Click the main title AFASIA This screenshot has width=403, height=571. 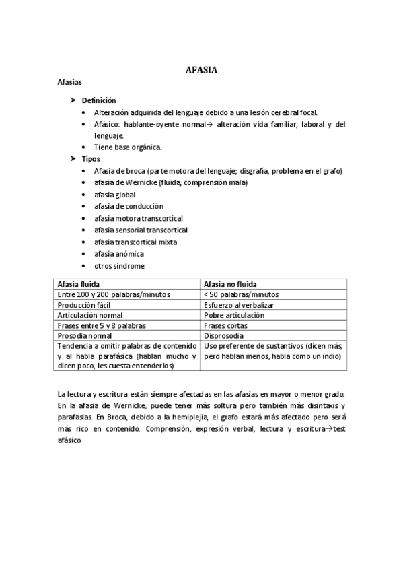click(x=201, y=69)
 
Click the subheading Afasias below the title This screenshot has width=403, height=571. click(x=69, y=83)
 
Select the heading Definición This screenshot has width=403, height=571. click(x=99, y=100)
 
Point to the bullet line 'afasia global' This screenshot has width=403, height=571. click(x=114, y=195)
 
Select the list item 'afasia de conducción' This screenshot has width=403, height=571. click(x=129, y=206)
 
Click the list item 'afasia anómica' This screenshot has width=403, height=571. click(x=119, y=254)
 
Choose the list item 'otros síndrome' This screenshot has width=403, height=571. click(x=119, y=265)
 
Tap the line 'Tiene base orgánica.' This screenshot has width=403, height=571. click(x=128, y=147)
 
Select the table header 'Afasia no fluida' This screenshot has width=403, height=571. click(x=230, y=284)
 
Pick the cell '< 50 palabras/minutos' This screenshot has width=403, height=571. click(x=241, y=294)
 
